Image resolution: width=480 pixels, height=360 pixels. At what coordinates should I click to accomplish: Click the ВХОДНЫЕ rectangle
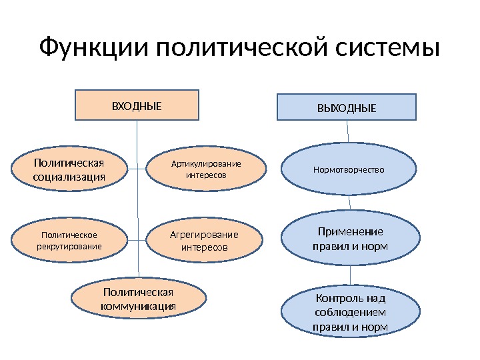(136, 105)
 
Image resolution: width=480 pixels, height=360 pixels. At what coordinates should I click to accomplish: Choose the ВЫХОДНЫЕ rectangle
(347, 107)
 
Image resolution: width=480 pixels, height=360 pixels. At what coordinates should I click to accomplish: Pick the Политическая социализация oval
(69, 169)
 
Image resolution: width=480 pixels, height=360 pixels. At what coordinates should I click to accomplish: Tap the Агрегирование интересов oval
(203, 241)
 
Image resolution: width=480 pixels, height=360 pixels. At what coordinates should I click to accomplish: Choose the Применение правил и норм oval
(350, 239)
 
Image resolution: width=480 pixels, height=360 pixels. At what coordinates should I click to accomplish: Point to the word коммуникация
(138, 306)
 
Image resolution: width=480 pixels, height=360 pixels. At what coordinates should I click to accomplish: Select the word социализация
(69, 177)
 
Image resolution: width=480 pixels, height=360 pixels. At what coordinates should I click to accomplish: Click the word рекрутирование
(69, 247)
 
